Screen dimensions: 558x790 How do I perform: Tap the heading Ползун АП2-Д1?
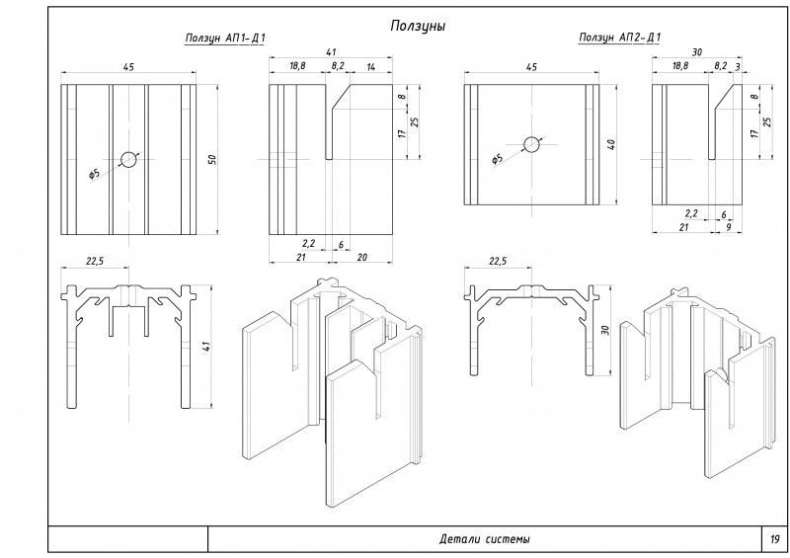click(x=620, y=39)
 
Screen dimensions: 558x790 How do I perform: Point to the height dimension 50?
click(x=210, y=160)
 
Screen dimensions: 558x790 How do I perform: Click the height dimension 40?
click(x=611, y=145)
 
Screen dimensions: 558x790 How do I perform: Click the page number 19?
click(x=774, y=539)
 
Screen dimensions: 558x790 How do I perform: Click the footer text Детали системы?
click(x=484, y=539)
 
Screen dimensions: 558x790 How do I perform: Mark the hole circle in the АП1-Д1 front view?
click(x=129, y=159)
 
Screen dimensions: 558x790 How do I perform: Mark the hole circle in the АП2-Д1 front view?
click(x=532, y=144)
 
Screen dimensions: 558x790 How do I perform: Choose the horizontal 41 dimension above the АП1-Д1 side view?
click(x=329, y=51)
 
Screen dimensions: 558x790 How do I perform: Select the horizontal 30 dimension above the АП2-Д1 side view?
click(x=696, y=51)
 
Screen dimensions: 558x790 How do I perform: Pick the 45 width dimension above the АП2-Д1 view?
click(x=531, y=66)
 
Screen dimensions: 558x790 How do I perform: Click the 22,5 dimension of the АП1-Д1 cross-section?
click(x=96, y=261)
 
